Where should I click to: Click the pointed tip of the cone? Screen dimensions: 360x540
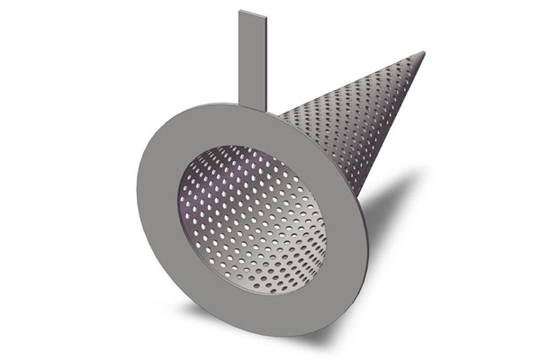422,53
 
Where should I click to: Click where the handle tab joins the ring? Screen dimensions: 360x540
251,102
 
